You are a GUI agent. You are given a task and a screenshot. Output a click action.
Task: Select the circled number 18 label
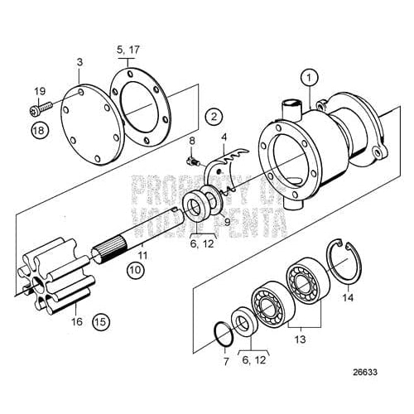click(x=39, y=132)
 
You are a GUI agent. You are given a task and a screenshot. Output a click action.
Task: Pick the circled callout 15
click(x=100, y=320)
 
